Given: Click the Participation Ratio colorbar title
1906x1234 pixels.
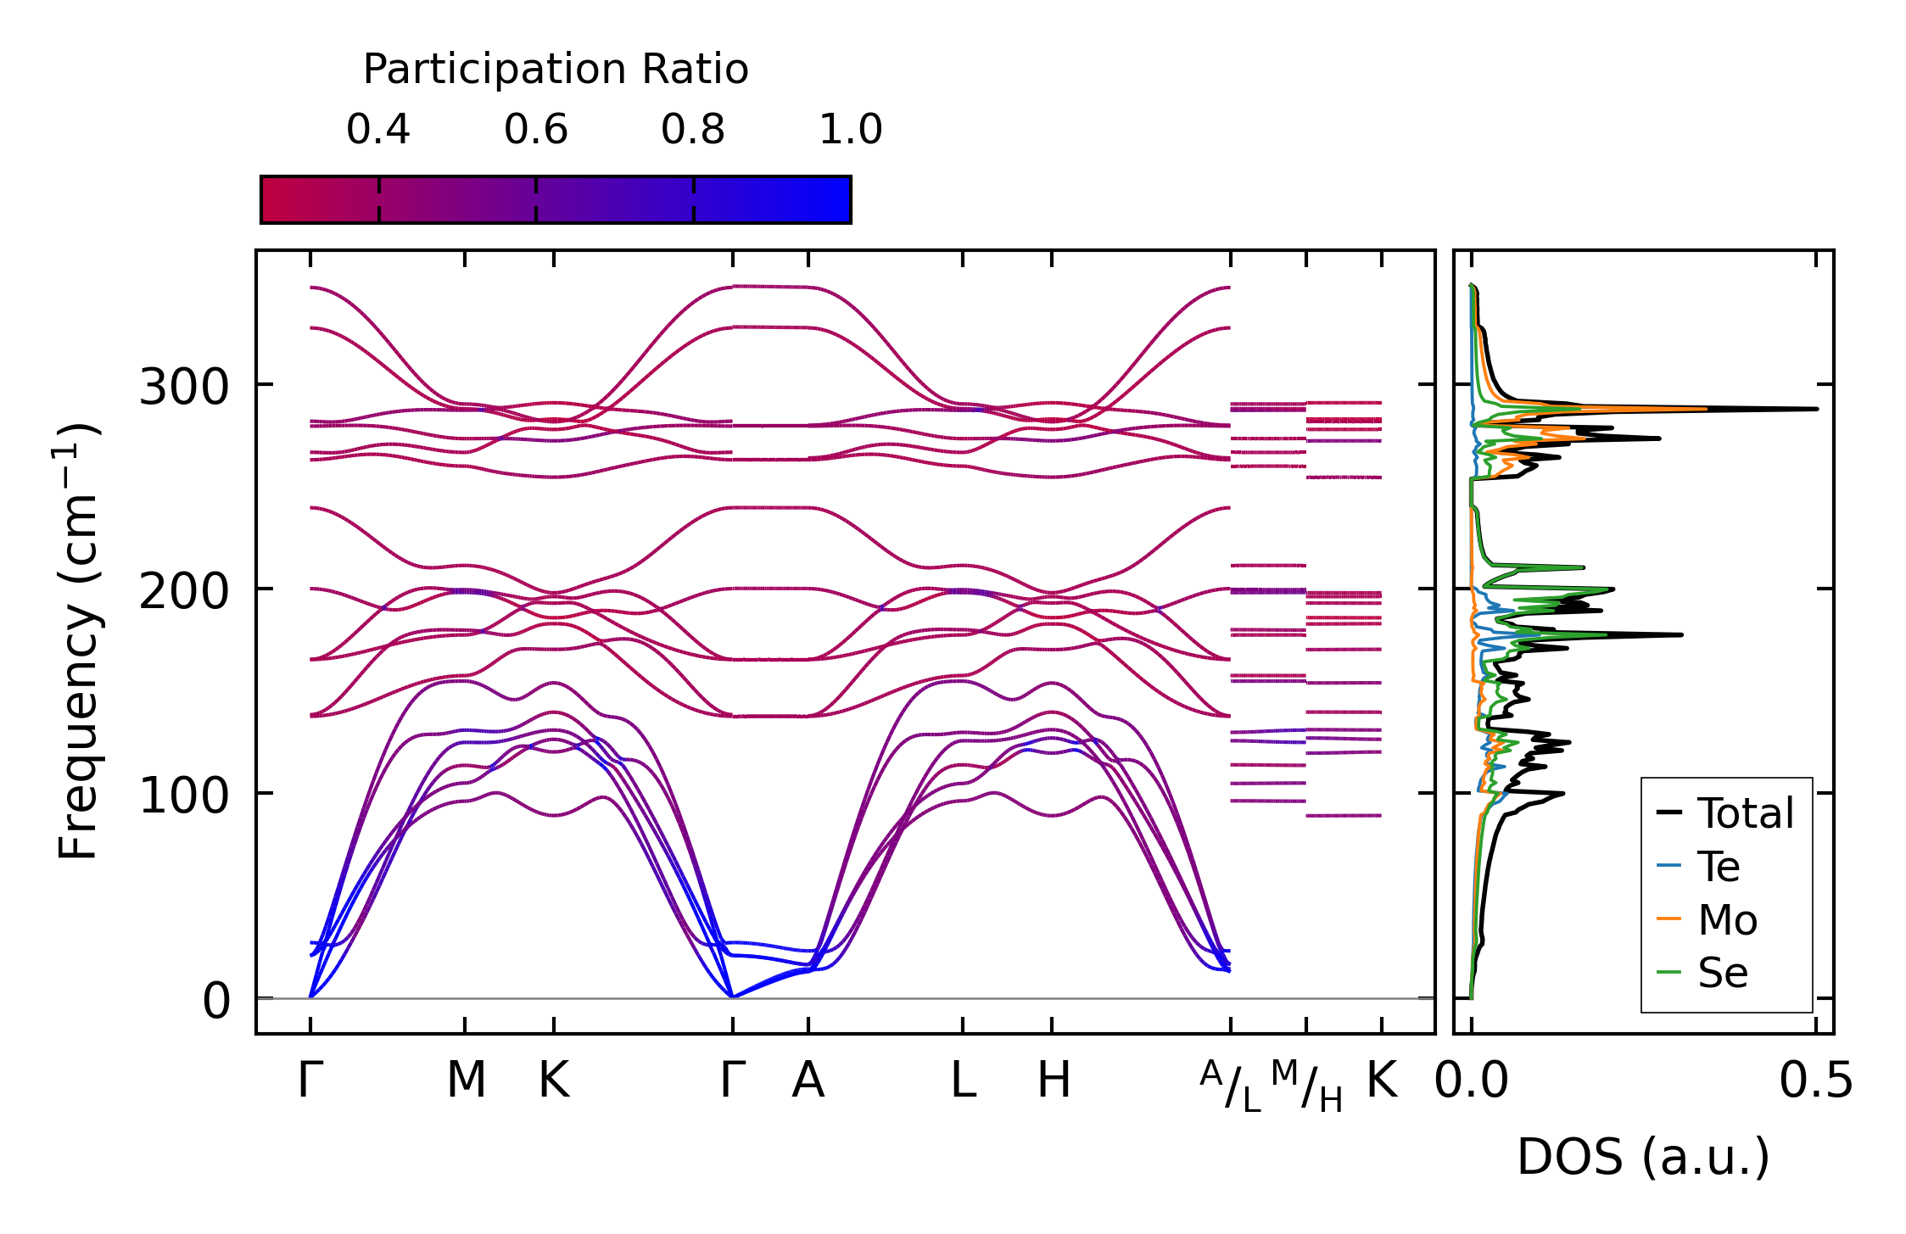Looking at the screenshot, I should point(556,70).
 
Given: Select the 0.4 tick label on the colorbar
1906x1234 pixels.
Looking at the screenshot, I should point(378,130).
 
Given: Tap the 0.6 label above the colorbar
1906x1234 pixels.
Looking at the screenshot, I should point(536,130).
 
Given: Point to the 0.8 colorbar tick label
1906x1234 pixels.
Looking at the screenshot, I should point(693,130).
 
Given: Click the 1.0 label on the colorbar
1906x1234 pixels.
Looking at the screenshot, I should point(851,130).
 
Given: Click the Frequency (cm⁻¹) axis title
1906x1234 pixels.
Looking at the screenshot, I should point(78,641).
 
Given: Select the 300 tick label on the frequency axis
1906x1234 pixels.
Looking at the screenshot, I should point(184,388).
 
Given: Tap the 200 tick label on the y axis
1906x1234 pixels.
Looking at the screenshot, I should point(184,591).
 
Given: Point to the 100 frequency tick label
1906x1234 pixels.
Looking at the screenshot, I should point(184,796).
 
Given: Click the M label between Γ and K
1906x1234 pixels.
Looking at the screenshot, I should point(466,1080).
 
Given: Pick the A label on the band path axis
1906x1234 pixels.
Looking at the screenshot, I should point(808,1080).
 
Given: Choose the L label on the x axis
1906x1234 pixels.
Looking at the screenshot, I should point(963,1080).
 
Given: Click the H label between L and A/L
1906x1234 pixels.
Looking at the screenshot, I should point(1054,1080).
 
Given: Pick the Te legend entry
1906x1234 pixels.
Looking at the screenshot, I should point(1719,867).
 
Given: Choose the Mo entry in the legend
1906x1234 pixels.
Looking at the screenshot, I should point(1727,920).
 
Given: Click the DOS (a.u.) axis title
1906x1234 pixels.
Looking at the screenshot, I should point(1643,1157).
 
